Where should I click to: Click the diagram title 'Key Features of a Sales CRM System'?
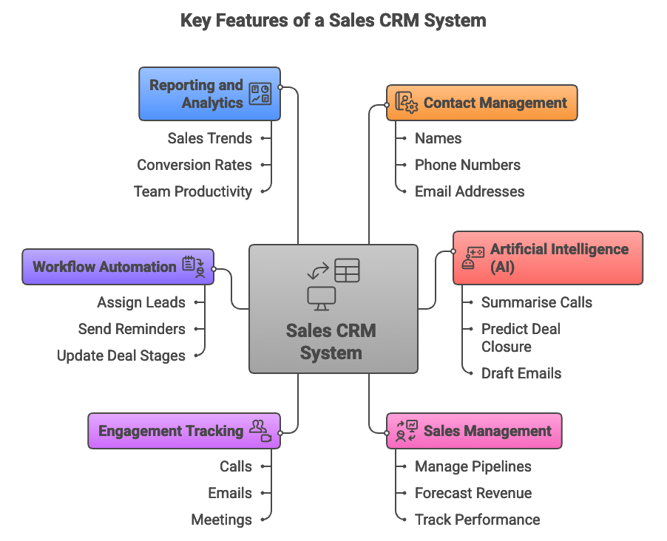[x=333, y=20]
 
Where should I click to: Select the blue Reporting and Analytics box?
[x=209, y=94]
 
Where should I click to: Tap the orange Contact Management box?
[x=481, y=103]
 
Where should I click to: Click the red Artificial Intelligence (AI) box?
[x=547, y=258]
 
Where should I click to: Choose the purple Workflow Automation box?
[x=118, y=267]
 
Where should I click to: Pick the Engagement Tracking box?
[x=183, y=431]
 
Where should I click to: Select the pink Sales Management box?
[x=474, y=431]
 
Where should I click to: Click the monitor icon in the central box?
[x=322, y=297]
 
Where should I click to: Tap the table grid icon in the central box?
[x=347, y=270]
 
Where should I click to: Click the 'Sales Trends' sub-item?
[x=209, y=138]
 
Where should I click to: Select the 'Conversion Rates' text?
[x=194, y=165]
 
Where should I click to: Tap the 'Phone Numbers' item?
[x=467, y=165]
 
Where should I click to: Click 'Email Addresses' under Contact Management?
[x=470, y=191]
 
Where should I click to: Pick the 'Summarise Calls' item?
[x=536, y=302]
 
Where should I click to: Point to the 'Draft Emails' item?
[x=521, y=373]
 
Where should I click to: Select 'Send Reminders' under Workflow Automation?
[x=132, y=329]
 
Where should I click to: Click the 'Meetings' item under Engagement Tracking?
[x=221, y=520]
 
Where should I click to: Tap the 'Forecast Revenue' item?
[x=473, y=493]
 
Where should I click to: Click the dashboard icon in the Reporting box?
[x=260, y=94]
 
